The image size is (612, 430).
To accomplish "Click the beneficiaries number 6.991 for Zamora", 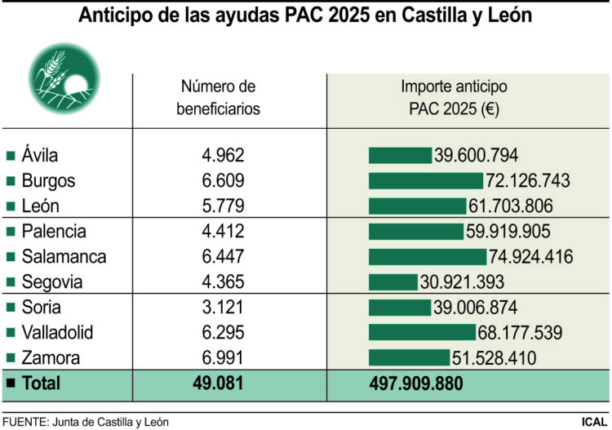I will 223,358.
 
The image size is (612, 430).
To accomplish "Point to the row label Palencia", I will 54,232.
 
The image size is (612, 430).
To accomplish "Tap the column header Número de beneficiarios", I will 219,97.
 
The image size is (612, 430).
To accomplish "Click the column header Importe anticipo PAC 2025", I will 454,97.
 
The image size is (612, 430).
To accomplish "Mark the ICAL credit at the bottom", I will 593,422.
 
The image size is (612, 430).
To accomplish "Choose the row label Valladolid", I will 57,333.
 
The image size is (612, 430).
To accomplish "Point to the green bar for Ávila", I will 400,156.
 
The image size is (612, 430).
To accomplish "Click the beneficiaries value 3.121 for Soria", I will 223,308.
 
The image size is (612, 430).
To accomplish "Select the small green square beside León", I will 11,206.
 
